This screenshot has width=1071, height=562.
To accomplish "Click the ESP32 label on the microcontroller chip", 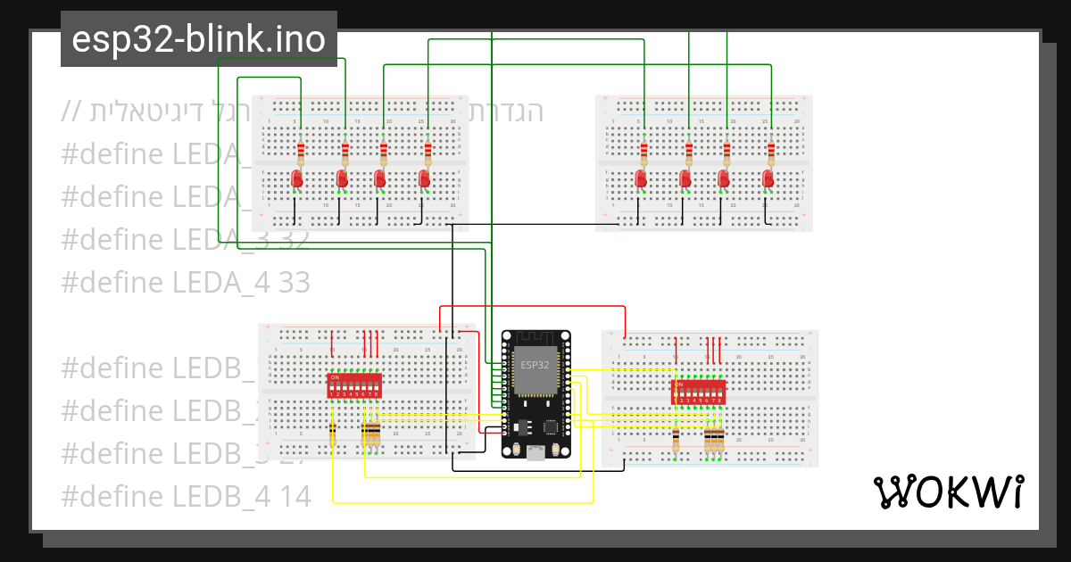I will click(535, 365).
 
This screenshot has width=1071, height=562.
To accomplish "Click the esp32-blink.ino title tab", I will click(199, 39).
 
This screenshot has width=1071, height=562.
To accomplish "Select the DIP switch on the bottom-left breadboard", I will click(356, 386).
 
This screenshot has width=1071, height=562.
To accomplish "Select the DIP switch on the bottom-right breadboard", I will click(698, 392).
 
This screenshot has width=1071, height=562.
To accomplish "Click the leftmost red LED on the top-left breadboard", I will click(298, 180).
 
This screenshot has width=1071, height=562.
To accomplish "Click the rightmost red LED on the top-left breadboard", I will click(425, 180).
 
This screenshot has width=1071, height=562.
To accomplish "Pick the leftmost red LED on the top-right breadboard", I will click(641, 180).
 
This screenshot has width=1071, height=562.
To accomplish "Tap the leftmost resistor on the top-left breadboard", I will click(301, 152).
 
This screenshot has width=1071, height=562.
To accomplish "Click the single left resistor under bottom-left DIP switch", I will click(333, 434).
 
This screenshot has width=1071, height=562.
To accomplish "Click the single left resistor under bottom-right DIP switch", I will click(676, 439).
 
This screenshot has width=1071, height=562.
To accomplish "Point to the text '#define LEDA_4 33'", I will click(186, 283).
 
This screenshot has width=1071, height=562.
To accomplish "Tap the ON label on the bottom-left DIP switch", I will click(335, 377).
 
